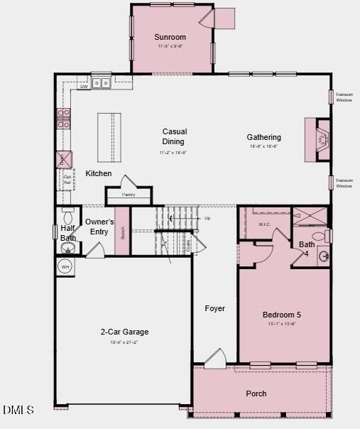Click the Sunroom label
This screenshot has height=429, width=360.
(x=170, y=37)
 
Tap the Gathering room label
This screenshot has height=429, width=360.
(x=263, y=137)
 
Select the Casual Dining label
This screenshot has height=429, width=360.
(x=174, y=136)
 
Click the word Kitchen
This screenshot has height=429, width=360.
(x=99, y=173)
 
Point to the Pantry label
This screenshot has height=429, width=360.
(x=129, y=195)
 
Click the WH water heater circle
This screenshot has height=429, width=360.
(x=65, y=267)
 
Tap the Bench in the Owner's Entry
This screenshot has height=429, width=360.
(x=123, y=232)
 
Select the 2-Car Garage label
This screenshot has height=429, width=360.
(x=124, y=332)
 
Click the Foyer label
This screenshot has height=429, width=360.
(x=214, y=308)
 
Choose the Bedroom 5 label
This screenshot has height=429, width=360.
(x=282, y=315)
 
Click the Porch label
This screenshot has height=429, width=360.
(x=256, y=393)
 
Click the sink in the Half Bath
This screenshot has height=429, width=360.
(x=68, y=248)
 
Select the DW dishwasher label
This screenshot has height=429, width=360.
(x=84, y=86)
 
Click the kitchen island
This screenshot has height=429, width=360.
(x=109, y=137)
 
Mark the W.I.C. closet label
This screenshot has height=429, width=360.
(x=264, y=224)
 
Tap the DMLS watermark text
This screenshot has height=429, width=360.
(x=18, y=410)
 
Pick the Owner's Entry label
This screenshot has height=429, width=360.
(x=99, y=227)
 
